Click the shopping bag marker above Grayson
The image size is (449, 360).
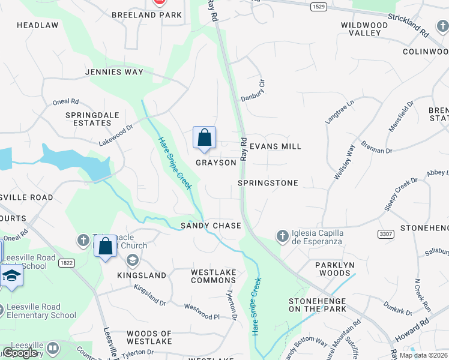204,137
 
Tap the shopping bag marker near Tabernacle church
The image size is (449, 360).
105,246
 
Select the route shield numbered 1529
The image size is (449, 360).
319,7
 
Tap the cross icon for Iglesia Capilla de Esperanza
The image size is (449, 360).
282,236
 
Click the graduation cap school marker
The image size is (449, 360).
11,275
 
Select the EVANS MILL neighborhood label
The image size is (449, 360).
275,146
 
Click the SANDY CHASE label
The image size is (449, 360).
211,226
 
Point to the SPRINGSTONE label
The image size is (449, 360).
268,182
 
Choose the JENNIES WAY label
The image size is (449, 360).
114,72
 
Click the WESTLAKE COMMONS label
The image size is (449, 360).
213,276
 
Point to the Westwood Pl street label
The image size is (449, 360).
202,311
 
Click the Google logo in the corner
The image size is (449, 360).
20,353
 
